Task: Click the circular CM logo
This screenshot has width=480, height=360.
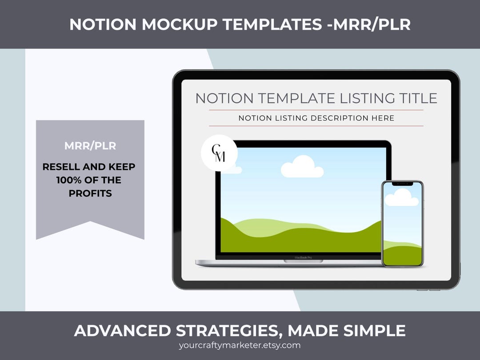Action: (x=219, y=153)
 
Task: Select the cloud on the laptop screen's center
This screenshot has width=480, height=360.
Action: (x=302, y=167)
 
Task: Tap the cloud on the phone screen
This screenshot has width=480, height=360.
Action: (x=402, y=198)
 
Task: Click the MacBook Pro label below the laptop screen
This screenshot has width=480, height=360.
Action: (x=304, y=257)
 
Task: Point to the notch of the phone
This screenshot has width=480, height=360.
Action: (x=402, y=184)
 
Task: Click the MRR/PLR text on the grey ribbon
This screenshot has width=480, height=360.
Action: (x=90, y=146)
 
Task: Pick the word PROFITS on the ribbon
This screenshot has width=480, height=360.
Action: (x=90, y=193)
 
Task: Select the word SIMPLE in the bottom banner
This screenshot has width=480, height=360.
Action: (x=376, y=331)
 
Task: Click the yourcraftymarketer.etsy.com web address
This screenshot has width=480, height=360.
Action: (x=240, y=345)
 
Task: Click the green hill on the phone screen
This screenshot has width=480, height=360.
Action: (x=402, y=256)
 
